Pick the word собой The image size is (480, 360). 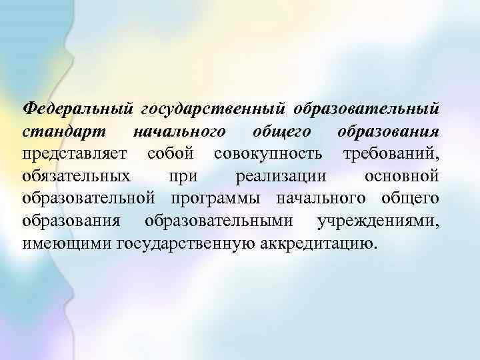tap(171, 153)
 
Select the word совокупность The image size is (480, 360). tap(269, 155)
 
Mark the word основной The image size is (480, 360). tap(402, 177)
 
